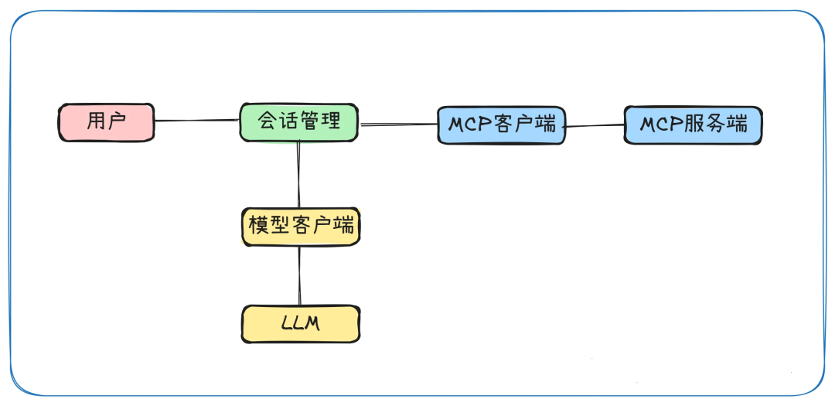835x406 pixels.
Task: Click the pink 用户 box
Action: (x=107, y=122)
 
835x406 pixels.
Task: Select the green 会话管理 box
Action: (x=298, y=122)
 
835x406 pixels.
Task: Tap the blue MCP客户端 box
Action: (x=501, y=125)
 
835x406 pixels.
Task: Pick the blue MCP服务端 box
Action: (x=693, y=125)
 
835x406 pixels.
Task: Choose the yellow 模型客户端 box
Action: (x=301, y=227)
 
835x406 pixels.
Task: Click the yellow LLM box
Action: (x=301, y=324)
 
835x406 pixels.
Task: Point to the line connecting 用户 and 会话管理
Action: (x=196, y=121)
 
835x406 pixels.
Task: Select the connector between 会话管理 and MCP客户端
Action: (x=398, y=124)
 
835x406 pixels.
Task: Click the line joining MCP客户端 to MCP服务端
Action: (x=594, y=125)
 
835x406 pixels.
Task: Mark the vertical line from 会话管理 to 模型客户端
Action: (x=298, y=176)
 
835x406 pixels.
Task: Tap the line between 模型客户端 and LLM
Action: (x=299, y=275)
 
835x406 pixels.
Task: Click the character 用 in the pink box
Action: (x=97, y=121)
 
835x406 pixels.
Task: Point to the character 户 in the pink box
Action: (x=118, y=121)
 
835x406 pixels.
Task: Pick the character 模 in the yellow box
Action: (x=257, y=226)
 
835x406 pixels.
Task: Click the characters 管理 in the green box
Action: (x=319, y=121)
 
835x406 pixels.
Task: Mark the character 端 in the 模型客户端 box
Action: (x=344, y=226)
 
